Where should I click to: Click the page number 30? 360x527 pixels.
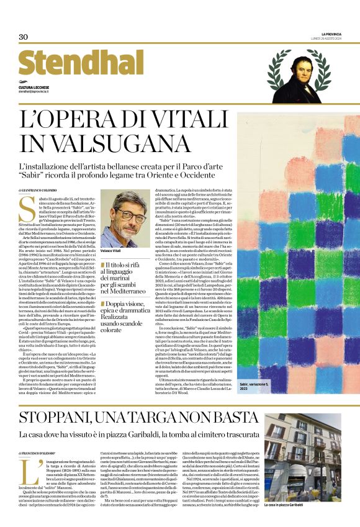[24, 37]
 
